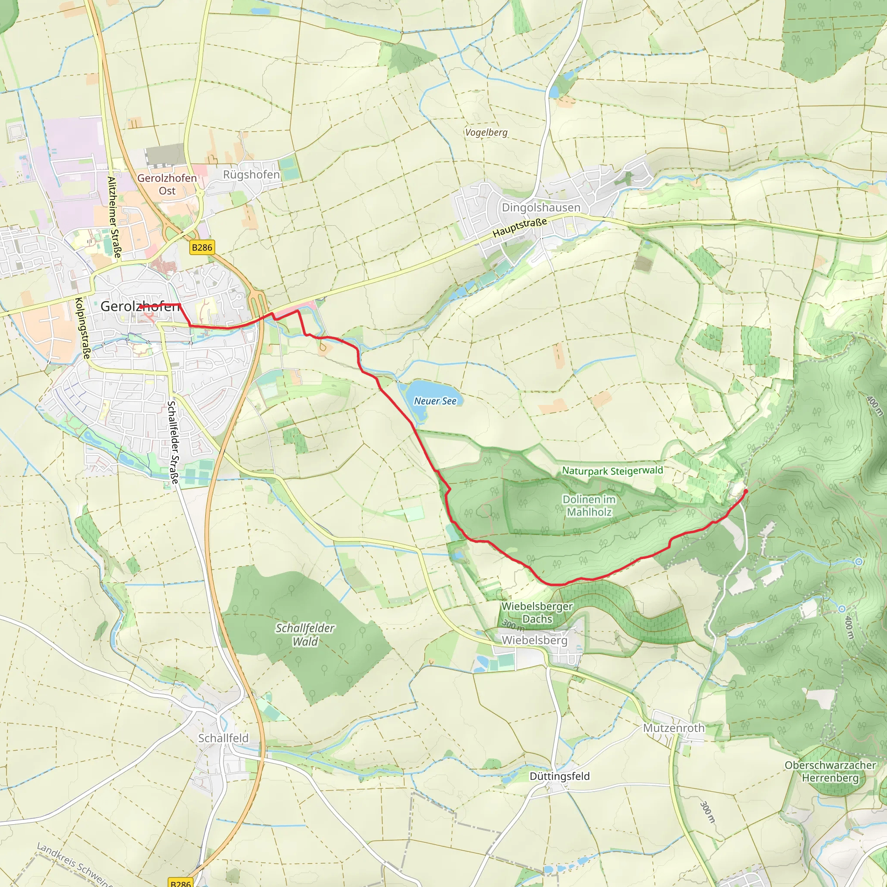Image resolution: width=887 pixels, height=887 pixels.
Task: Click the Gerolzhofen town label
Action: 139,306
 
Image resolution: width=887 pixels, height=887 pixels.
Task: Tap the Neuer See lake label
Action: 435,401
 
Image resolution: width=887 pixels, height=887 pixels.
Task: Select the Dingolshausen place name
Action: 541,207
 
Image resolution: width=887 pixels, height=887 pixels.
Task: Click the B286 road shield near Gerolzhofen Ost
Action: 202,247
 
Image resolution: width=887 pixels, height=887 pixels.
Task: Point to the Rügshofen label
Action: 251,175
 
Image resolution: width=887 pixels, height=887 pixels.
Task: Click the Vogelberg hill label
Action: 486,133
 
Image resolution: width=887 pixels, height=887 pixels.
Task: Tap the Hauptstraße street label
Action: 520,228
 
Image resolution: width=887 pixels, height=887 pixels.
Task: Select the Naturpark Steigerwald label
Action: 612,471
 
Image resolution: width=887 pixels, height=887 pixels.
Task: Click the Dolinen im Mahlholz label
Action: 589,505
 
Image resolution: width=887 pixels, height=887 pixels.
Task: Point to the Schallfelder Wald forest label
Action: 305,634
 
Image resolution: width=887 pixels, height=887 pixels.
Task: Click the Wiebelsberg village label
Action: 534,640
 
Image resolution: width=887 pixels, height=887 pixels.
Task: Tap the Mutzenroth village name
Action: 673,728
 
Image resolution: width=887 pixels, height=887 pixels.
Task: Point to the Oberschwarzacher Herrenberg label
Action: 830,772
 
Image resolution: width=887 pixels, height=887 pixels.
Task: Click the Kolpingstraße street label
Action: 83,328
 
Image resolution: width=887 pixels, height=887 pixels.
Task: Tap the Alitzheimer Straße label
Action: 114,217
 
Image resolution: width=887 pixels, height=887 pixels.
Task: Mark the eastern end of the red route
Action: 746,491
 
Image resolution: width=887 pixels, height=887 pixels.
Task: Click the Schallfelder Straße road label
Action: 173,443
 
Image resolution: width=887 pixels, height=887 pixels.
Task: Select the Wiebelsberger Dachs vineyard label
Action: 537,612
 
